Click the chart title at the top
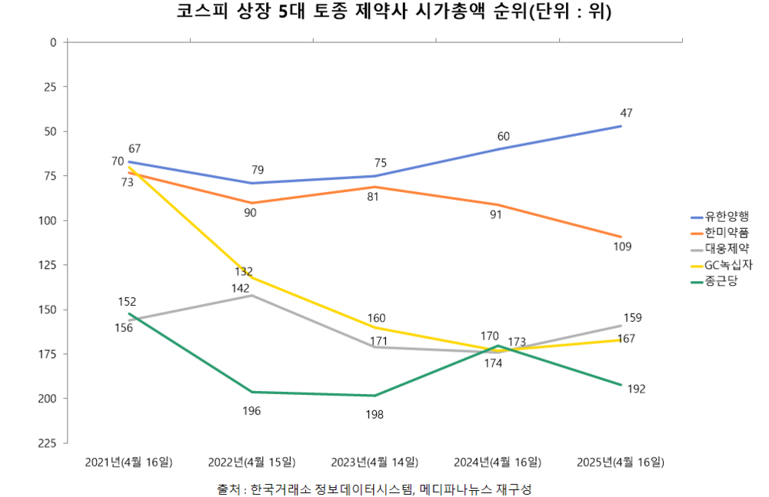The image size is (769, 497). (x=384, y=12)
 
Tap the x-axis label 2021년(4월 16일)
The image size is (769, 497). (x=129, y=462)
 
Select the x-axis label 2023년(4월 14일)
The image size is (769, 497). (x=375, y=462)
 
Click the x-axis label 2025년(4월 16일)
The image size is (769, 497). (x=620, y=462)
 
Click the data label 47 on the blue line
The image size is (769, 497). (x=626, y=114)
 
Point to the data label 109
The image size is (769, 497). (x=622, y=247)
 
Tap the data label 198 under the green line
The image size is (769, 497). (x=375, y=414)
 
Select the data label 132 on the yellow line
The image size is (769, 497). (x=244, y=271)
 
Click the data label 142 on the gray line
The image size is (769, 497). (x=240, y=288)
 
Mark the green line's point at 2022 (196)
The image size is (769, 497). (x=252, y=392)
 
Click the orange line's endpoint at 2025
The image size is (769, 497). (x=621, y=237)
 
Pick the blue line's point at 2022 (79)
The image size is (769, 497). (x=252, y=183)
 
